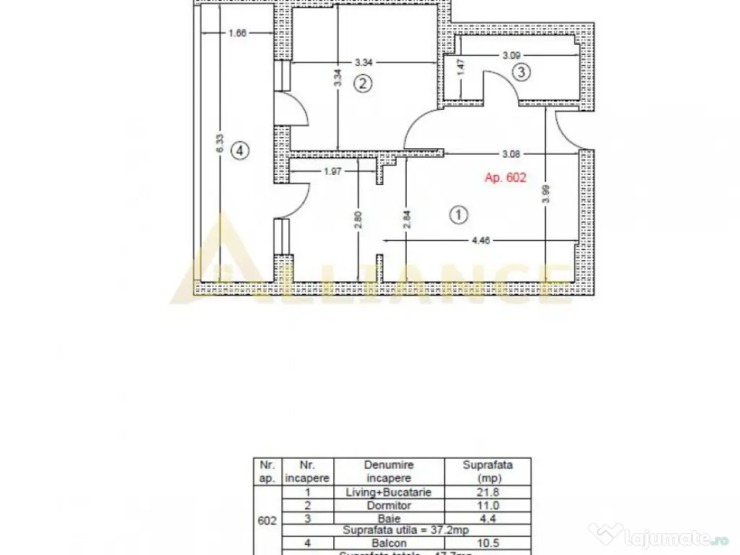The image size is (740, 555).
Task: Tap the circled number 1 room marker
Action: pos(459,214)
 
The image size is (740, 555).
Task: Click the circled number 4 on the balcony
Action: pos(239,150)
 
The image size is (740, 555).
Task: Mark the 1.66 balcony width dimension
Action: pos(237,33)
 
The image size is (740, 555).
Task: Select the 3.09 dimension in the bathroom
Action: pos(513,54)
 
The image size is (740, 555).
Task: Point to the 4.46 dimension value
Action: pos(481,241)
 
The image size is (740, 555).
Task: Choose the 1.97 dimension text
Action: pos(333,171)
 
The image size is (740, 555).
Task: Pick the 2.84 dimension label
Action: pos(407,218)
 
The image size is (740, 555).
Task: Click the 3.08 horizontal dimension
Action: pos(512,153)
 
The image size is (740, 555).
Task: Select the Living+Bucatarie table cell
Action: pos(388,492)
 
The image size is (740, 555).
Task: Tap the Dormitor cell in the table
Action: pos(388,505)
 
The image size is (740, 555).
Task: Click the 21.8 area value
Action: pos(487,492)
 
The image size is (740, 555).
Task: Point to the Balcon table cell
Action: pos(388,543)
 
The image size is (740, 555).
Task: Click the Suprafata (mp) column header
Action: pos(487,471)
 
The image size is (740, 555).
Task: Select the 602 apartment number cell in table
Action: pos(267,519)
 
